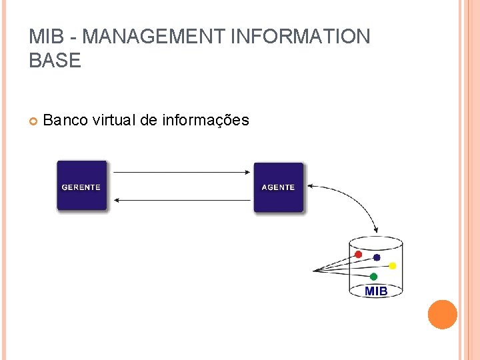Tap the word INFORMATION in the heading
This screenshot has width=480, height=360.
coord(299,37)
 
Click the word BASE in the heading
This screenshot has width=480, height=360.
coord(55,61)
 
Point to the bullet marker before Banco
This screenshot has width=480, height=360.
coord(33,121)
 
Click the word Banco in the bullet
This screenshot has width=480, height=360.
coord(65,120)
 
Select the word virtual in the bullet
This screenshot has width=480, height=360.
coord(114,120)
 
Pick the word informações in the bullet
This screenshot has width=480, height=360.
coord(205,120)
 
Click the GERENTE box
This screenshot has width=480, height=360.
coord(81,186)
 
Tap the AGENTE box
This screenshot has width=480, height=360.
coord(278,187)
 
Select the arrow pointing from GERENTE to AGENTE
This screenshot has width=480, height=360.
coord(180,172)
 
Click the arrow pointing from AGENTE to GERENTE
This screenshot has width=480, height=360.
coord(180,199)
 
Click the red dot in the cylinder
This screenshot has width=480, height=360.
coord(358,255)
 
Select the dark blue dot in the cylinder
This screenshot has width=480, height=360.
coord(377,257)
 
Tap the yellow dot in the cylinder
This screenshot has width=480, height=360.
coord(393,266)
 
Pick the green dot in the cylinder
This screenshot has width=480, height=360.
coord(373,276)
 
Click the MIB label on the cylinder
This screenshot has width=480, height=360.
coord(376,291)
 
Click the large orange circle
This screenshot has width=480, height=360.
coord(442,314)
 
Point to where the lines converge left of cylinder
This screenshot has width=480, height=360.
coord(315,271)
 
